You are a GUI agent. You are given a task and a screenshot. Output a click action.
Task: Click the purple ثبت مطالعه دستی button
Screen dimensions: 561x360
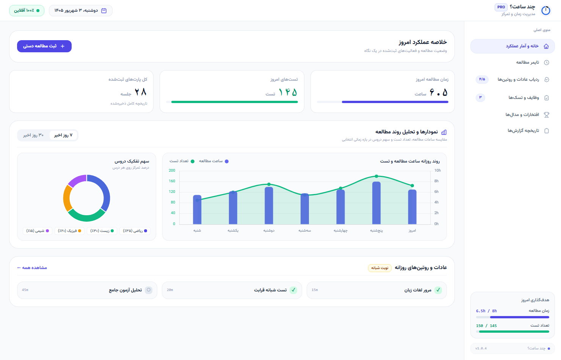[44, 46]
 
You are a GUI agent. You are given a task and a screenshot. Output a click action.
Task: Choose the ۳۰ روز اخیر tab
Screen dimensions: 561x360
[33, 135]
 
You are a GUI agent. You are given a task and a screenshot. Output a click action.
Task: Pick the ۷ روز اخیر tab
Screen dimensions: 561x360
[63, 135]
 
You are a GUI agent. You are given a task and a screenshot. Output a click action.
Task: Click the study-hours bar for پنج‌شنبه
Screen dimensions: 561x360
[376, 203]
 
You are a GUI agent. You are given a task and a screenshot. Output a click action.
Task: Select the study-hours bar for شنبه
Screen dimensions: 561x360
[197, 210]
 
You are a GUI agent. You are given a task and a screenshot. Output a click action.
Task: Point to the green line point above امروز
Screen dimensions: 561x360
[412, 186]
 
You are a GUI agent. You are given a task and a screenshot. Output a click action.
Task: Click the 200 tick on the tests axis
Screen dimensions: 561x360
[172, 171]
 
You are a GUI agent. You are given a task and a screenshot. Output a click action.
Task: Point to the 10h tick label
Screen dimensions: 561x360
[437, 171]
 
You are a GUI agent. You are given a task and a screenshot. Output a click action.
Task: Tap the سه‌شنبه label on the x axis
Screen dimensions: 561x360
[305, 230]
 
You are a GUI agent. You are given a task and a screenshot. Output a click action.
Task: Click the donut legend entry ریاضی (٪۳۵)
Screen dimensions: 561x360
[135, 231]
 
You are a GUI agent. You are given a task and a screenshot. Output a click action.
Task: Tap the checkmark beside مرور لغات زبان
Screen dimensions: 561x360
[438, 290]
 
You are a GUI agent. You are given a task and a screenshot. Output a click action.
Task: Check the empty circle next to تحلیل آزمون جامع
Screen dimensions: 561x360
[149, 290]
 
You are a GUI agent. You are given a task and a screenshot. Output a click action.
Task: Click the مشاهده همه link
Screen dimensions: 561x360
[32, 268]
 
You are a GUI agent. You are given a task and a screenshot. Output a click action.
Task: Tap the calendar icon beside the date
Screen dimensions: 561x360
[104, 11]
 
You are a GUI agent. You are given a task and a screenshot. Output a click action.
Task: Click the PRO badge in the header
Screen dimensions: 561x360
[501, 7]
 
